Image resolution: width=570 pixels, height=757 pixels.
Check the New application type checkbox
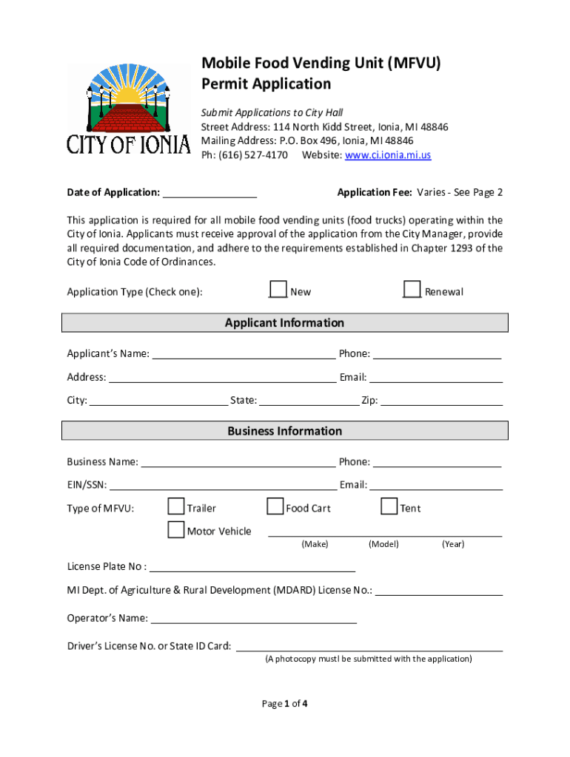pos(278,289)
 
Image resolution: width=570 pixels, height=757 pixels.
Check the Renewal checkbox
pos(412,289)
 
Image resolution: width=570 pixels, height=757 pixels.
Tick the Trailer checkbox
pos(175,506)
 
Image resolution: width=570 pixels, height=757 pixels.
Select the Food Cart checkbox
pos(275,506)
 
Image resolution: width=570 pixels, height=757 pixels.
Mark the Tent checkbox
pos(389,506)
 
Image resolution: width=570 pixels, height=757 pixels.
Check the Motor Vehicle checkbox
pos(175,529)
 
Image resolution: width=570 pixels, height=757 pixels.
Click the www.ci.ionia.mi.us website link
pos(387,155)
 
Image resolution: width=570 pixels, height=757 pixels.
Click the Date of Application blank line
pos(209,194)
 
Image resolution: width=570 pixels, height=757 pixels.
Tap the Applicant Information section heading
pos(284,323)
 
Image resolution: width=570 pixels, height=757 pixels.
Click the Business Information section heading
pos(284,431)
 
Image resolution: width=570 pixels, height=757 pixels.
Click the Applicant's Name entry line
pos(244,354)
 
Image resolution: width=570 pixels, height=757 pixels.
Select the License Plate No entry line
pos(252,568)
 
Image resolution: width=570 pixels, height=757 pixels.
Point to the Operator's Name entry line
pos(253,619)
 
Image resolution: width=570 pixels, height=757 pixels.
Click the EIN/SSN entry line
pos(223,486)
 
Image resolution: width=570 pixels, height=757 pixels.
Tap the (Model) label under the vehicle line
pos(383,544)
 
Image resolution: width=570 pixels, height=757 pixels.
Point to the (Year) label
pos(453,544)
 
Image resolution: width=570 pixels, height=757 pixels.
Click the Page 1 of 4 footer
pos(285,704)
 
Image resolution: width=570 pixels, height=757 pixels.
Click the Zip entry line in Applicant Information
pos(441,401)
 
